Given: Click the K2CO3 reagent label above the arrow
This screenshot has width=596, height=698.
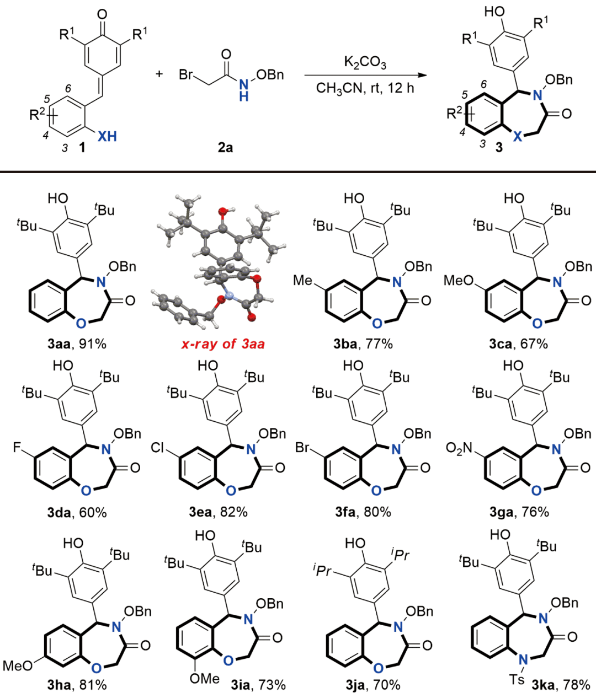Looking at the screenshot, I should (x=365, y=62).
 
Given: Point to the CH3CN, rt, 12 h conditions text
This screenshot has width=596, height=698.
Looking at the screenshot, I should (x=365, y=88).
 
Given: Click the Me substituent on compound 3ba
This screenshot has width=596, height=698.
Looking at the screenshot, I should (x=303, y=280).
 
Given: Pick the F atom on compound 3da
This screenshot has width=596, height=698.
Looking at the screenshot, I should (x=17, y=447).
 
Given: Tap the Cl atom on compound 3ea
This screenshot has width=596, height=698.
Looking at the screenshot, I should (x=158, y=447).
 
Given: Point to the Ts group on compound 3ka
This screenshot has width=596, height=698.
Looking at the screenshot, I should (x=517, y=679).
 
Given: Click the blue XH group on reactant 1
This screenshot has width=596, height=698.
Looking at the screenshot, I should (x=108, y=136).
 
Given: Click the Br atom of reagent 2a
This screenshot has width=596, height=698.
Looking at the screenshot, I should (x=186, y=75).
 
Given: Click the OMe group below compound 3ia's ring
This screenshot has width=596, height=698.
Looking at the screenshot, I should (x=205, y=678).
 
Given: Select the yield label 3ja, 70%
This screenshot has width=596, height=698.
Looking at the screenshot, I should (x=372, y=685).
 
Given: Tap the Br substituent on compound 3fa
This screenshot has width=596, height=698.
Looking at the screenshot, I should (x=302, y=447).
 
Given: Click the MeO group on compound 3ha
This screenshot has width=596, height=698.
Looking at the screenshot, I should (x=17, y=666).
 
